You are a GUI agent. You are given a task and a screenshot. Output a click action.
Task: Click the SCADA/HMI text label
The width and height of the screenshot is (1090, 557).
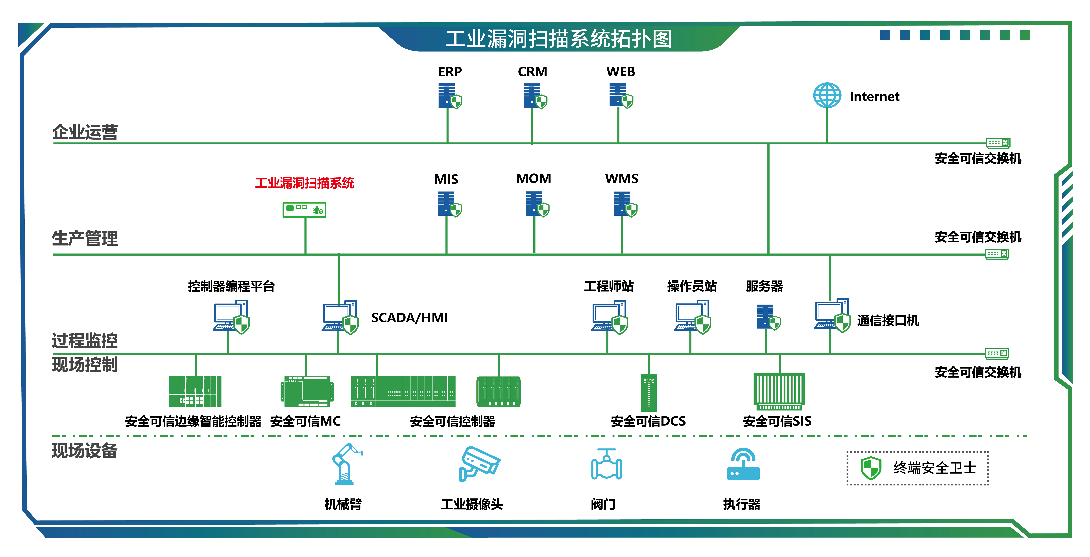coord(409,318)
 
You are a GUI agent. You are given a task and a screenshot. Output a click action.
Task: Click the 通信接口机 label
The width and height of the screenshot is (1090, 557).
coord(888,321)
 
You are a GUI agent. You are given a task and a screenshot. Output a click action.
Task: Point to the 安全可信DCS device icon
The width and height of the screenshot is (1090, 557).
coord(649,393)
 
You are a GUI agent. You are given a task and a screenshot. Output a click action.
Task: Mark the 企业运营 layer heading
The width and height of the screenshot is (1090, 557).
coord(85,132)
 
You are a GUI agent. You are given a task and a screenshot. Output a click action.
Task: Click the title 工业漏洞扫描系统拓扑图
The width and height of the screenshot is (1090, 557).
coord(559,39)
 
